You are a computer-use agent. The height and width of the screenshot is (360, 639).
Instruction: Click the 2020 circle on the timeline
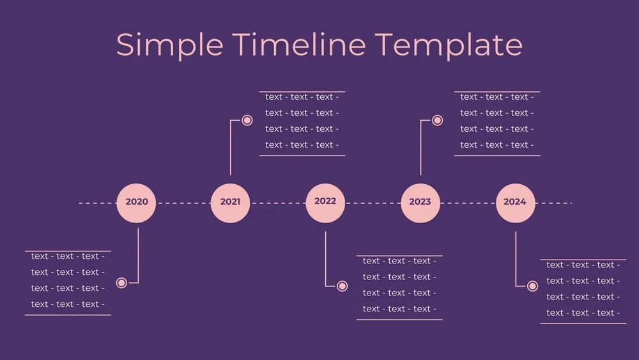[137, 203]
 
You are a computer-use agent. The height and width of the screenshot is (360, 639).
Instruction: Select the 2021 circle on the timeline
[230, 203]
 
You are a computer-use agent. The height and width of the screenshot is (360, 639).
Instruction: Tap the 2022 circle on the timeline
[325, 203]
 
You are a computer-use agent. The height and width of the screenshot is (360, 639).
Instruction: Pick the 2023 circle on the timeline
[420, 203]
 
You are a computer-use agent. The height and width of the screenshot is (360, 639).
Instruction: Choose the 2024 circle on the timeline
[515, 203]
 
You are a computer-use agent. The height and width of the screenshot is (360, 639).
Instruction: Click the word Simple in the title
[169, 45]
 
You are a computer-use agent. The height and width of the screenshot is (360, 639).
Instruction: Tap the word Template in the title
[448, 45]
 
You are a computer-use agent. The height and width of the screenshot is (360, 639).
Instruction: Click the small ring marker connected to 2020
[121, 283]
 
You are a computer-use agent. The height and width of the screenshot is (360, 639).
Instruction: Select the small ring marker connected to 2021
[247, 120]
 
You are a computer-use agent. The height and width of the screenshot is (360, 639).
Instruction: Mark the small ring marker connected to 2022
[342, 286]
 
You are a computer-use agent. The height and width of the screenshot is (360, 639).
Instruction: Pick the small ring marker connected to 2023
[437, 120]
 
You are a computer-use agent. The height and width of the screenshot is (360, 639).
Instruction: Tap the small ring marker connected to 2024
[532, 286]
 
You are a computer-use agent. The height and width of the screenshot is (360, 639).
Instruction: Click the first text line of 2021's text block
[302, 97]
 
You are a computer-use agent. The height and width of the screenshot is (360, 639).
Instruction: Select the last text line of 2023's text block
[497, 145]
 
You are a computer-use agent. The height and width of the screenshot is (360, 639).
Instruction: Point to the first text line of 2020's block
[67, 256]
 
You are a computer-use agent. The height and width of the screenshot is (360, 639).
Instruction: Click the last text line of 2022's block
[399, 309]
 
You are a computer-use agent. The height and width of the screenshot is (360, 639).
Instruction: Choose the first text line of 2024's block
[583, 265]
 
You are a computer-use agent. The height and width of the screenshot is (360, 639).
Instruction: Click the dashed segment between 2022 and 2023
[373, 203]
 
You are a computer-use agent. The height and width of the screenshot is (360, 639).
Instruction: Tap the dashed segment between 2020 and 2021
[183, 203]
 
